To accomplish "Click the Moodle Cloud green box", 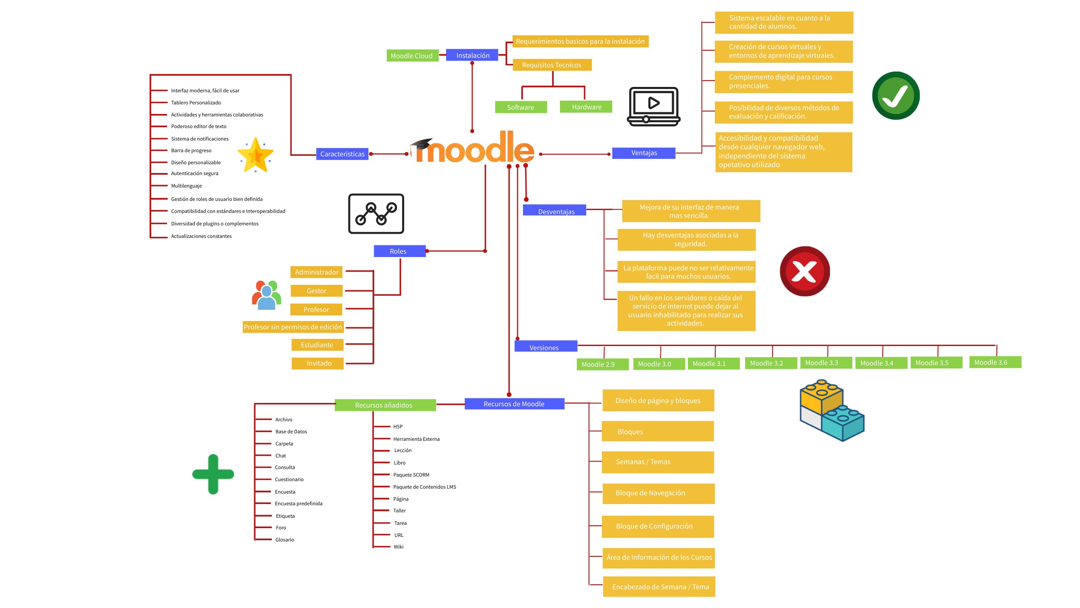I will click(412, 56).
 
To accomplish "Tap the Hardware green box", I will click(586, 107).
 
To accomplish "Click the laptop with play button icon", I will click(653, 106).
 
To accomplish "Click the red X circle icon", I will click(804, 272).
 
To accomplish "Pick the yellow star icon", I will click(255, 156).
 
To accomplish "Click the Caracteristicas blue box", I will click(342, 154).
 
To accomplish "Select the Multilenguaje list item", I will click(186, 186).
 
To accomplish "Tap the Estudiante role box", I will click(317, 345).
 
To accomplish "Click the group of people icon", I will click(266, 295).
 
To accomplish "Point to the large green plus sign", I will click(213, 474).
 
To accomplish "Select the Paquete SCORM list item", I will click(411, 475).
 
